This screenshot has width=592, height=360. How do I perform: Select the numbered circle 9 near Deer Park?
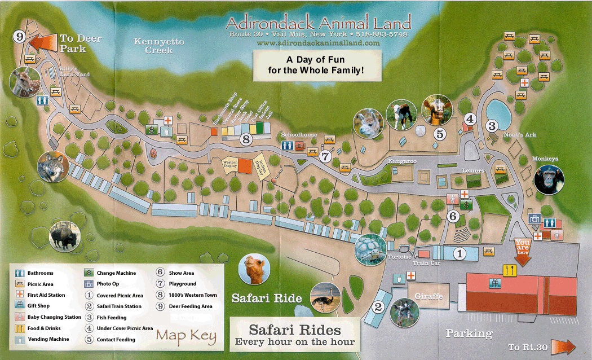(x=20, y=37)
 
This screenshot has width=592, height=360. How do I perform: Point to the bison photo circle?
(x=65, y=235)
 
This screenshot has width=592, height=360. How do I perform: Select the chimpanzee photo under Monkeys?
(x=550, y=179)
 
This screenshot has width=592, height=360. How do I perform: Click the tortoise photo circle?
(x=370, y=249)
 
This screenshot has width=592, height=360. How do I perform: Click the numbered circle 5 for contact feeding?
(x=440, y=134)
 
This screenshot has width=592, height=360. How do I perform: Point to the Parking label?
(x=469, y=333)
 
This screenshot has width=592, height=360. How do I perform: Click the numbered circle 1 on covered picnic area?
(x=460, y=254)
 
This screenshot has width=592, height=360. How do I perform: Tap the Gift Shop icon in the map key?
(x=20, y=306)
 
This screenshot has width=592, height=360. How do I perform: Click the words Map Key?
(x=186, y=336)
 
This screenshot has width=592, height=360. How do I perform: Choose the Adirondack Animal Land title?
(x=318, y=23)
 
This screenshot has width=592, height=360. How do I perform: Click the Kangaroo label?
(x=401, y=161)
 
